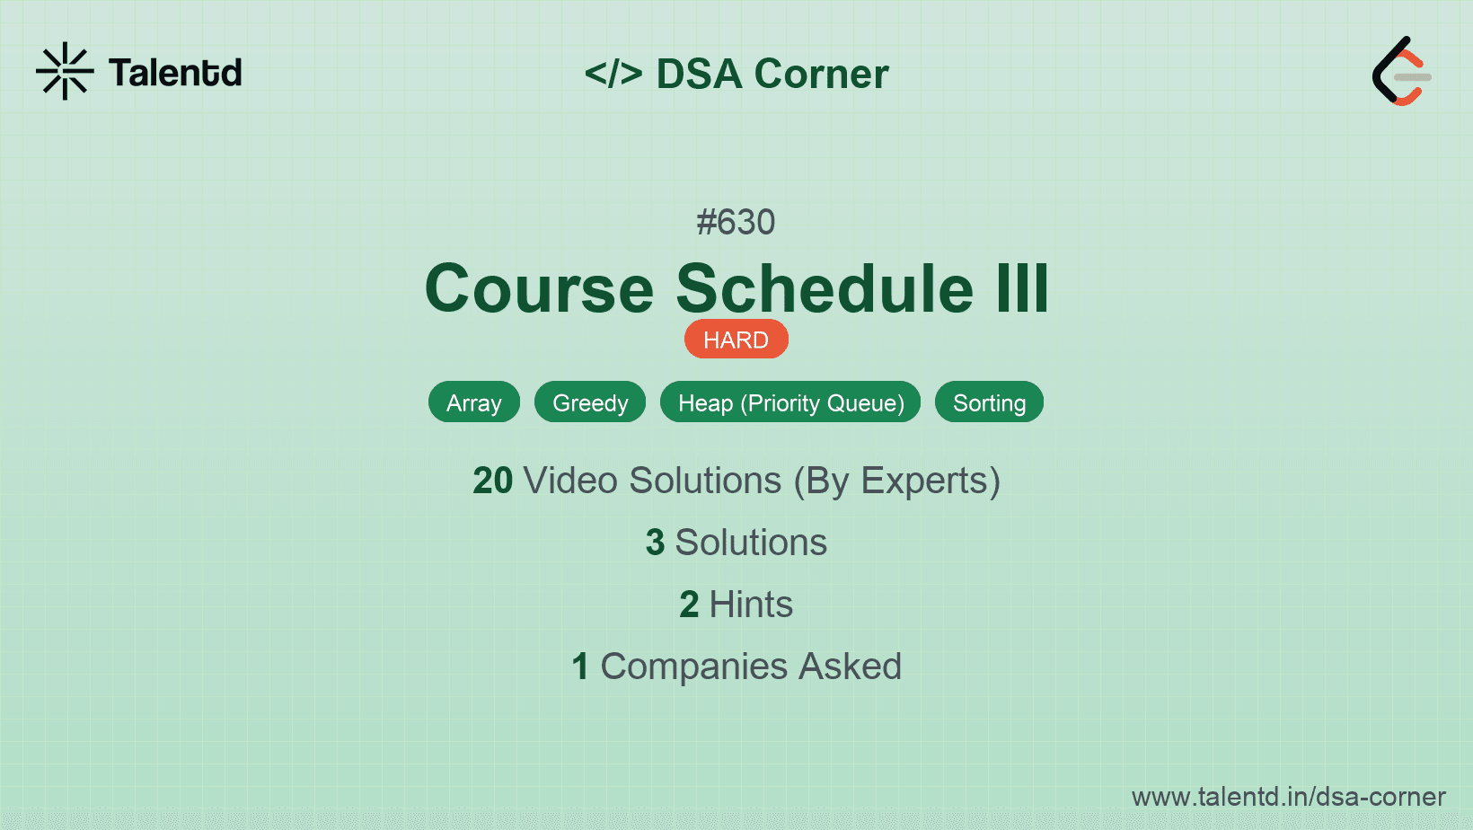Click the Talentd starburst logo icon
(x=65, y=71)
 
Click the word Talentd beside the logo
(x=175, y=73)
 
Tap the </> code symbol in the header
(x=613, y=73)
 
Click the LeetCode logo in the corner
(x=1401, y=71)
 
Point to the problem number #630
(x=736, y=222)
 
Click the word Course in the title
(x=539, y=288)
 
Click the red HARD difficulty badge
(x=736, y=340)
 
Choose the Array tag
(x=473, y=402)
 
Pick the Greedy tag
(x=590, y=402)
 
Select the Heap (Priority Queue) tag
(x=790, y=402)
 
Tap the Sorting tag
(x=989, y=402)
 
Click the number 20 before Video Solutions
(x=492, y=481)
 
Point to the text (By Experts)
(x=897, y=481)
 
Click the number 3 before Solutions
(x=655, y=543)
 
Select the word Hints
(x=751, y=605)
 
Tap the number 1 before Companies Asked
(x=580, y=667)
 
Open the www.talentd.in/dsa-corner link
(x=1288, y=797)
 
